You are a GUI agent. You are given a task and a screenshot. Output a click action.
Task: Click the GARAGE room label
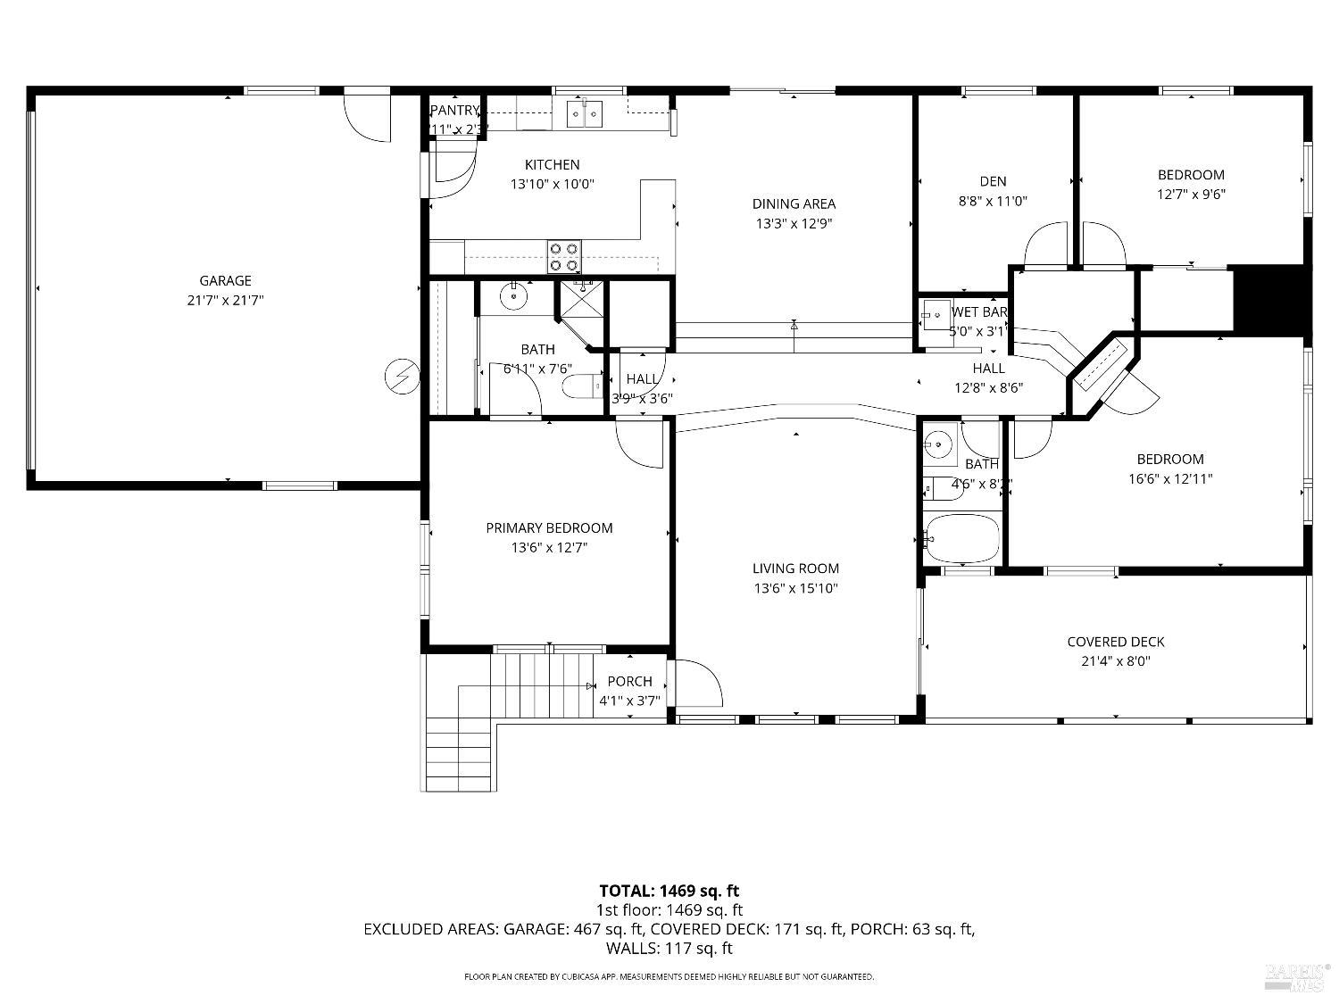[x=225, y=280]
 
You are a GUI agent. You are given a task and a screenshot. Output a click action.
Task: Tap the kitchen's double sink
[x=585, y=113]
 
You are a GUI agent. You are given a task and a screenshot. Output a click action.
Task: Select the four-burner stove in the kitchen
[x=564, y=257]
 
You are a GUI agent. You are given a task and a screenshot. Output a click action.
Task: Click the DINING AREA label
[x=794, y=203]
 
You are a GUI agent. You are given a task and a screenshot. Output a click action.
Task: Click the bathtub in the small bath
[x=962, y=538]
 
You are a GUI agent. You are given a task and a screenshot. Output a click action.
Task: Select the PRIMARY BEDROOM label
[x=549, y=528]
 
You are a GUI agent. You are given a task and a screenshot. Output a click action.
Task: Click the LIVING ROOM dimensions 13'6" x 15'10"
[x=795, y=588]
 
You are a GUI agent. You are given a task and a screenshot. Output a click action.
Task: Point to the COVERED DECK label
[x=1116, y=642]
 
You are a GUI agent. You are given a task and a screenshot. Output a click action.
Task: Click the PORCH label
[x=629, y=681]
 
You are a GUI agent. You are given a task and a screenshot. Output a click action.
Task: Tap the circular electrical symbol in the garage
[x=401, y=377]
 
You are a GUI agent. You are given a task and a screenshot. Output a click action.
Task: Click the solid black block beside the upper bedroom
[x=1268, y=301]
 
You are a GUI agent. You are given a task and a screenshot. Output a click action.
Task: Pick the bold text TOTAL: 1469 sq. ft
[x=669, y=891]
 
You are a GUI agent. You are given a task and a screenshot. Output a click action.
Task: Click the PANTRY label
[x=454, y=111]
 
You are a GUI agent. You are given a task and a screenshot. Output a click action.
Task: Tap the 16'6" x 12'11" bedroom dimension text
[x=1170, y=479]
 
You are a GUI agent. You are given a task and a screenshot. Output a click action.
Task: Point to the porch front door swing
[x=698, y=683]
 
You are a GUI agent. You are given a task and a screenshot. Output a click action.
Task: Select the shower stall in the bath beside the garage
[x=580, y=302]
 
